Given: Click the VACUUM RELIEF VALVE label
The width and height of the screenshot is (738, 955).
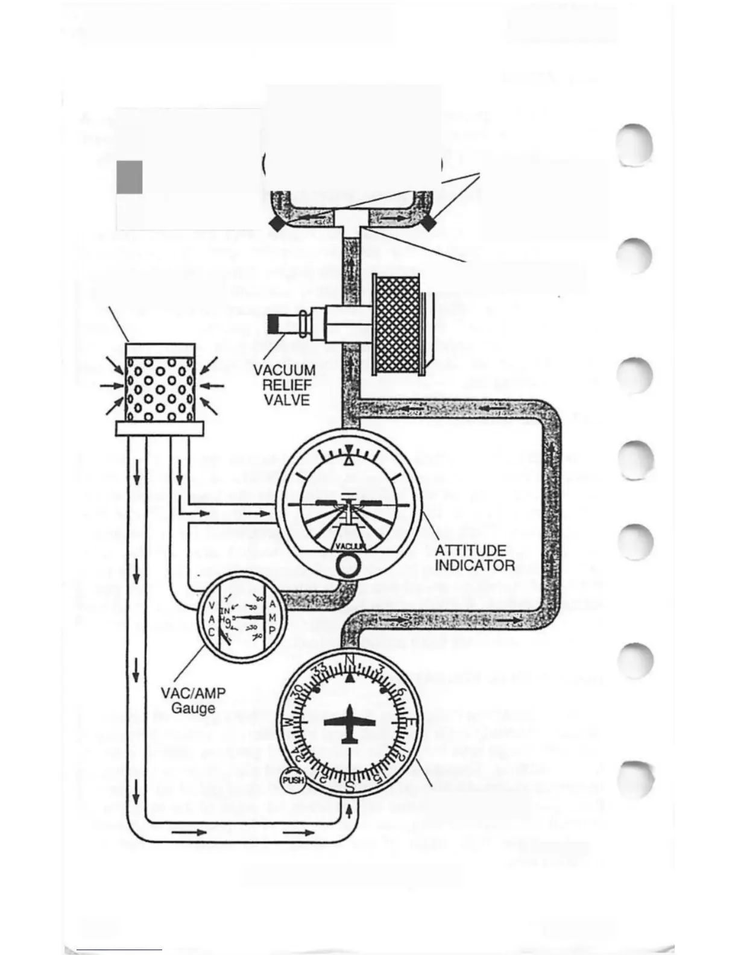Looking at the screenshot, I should [284, 384].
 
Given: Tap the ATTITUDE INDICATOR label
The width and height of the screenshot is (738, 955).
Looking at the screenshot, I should [475, 558].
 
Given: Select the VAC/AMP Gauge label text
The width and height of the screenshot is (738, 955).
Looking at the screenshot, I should [193, 699].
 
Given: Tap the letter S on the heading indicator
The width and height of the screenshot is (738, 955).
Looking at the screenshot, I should [350, 786].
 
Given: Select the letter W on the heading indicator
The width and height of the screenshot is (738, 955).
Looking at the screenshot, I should [288, 721].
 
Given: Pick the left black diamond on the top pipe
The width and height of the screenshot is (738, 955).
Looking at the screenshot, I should [276, 224].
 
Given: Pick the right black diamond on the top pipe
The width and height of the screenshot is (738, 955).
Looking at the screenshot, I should [428, 224].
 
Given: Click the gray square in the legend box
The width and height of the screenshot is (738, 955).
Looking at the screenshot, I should [130, 177].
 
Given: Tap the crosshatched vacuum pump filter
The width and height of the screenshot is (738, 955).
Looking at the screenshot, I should [397, 324].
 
